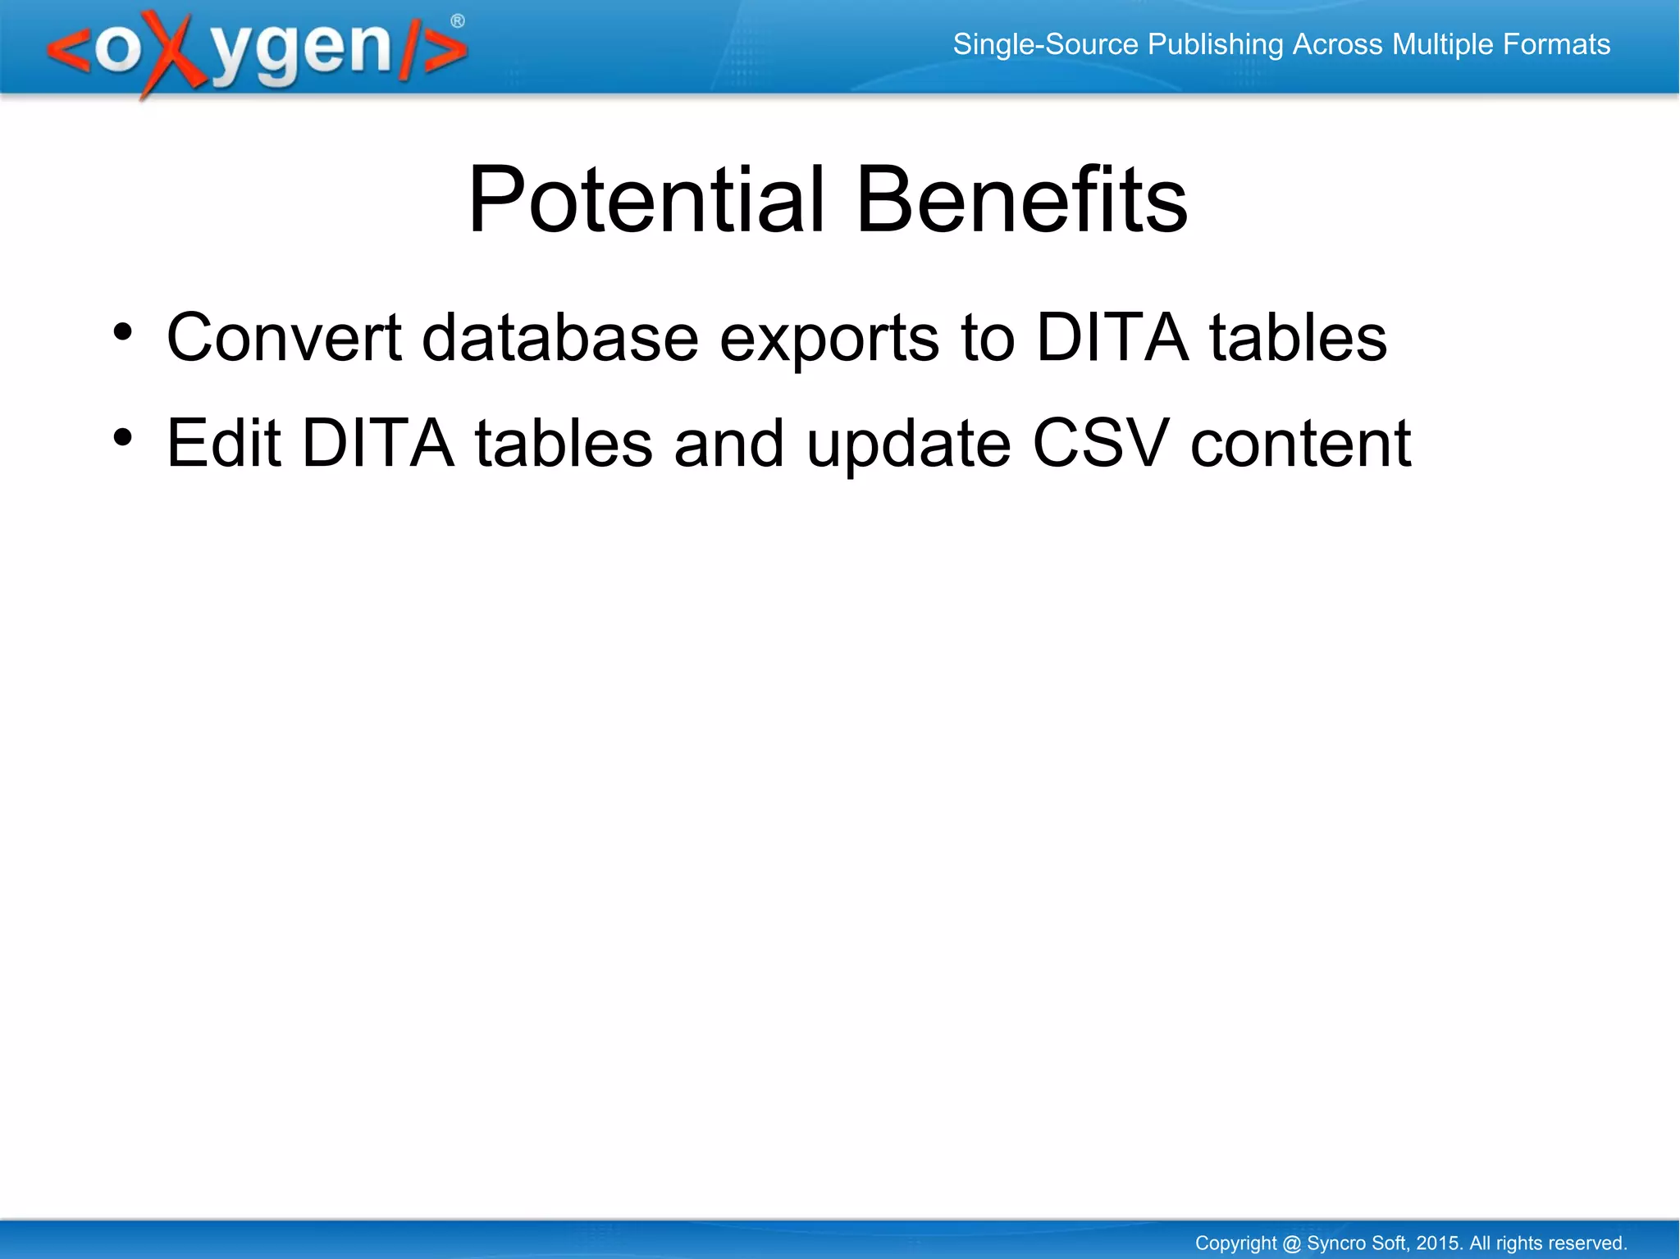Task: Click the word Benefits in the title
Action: [x=1020, y=199]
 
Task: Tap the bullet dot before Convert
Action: [x=122, y=332]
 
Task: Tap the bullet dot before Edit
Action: [x=122, y=438]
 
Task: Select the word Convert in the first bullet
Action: [x=284, y=337]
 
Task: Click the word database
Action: [x=559, y=337]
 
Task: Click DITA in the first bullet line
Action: [x=1112, y=337]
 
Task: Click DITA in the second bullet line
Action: [x=377, y=443]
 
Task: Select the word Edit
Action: [x=224, y=443]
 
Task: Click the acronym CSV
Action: [x=1099, y=443]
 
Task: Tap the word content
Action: [x=1301, y=445]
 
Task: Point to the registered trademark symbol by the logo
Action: [x=458, y=21]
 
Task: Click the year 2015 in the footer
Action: [x=1439, y=1243]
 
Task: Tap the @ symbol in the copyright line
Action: [x=1291, y=1243]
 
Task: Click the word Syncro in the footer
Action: [x=1334, y=1243]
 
